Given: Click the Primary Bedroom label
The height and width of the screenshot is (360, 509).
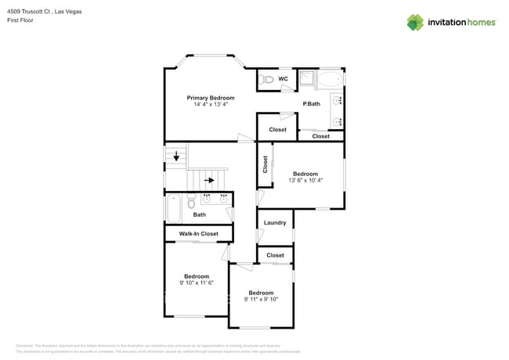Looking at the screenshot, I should click(210, 98).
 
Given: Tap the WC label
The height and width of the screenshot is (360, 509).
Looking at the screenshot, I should click(283, 79).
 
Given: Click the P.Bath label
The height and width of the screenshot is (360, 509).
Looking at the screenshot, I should click(311, 104).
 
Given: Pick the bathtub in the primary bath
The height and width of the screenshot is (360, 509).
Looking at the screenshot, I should click(329, 79).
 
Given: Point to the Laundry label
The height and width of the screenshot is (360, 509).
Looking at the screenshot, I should click(275, 223).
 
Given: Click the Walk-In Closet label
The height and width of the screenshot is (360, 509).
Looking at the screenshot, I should click(198, 234).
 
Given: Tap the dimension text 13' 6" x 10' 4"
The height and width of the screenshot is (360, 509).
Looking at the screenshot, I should click(305, 181).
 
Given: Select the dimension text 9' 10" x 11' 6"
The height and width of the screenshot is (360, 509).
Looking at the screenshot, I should click(196, 283).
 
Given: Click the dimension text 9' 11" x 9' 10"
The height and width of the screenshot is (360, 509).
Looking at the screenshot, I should click(261, 299).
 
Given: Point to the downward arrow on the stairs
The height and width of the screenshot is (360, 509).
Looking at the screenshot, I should click(176, 157).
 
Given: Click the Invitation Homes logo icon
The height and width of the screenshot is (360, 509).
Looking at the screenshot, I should click(414, 22).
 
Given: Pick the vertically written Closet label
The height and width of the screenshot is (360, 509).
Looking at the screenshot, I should click(265, 164).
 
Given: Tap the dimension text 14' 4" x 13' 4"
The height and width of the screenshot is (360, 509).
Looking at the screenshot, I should click(210, 105).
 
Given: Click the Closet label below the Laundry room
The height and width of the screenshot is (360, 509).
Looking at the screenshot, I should click(275, 255).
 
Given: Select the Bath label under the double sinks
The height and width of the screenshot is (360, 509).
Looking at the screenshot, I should click(200, 215).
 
